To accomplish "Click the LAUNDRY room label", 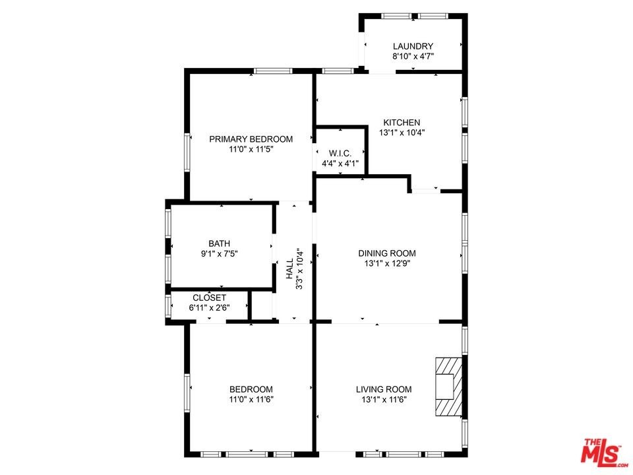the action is click(413, 46).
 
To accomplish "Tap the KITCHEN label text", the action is click(402, 123).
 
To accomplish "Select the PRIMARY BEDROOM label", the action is click(251, 139).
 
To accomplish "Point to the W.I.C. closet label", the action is click(340, 154).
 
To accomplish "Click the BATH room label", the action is click(219, 243).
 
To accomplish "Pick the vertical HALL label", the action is click(290, 269).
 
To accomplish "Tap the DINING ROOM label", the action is click(387, 253).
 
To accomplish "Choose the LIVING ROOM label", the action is click(384, 389).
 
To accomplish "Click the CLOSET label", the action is click(209, 298).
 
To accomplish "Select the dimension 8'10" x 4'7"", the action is click(413, 57).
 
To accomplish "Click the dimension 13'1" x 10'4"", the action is click(402, 133).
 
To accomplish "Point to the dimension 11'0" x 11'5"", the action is click(251, 150).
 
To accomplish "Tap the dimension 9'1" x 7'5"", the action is click(219, 254).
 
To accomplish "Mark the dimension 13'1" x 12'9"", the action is click(387, 264).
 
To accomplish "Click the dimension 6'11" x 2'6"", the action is click(209, 308).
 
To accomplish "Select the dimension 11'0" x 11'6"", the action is click(251, 400).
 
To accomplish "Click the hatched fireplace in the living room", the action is click(448, 387).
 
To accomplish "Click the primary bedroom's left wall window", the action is click(187, 152).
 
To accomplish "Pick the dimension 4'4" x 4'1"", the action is click(340, 164).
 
